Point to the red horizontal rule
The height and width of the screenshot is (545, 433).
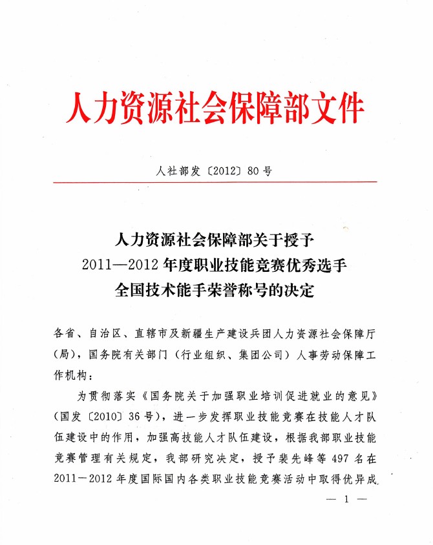click(216, 183)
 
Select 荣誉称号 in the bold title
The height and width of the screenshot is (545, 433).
click(246, 289)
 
